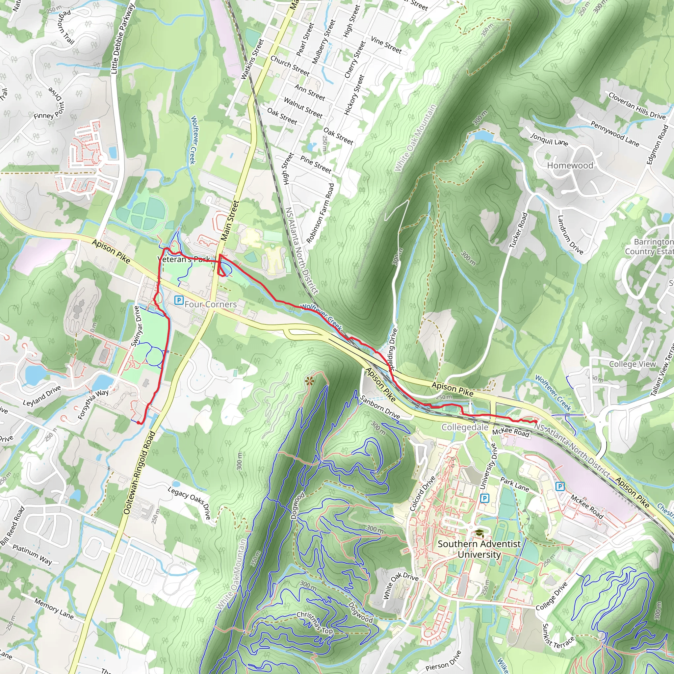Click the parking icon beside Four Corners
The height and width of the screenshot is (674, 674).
pyautogui.click(x=179, y=300)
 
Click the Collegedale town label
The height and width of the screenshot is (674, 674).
pyautogui.click(x=465, y=428)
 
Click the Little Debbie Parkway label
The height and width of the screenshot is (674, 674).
pyautogui.click(x=122, y=39)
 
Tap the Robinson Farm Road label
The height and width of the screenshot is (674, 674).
pyautogui.click(x=320, y=213)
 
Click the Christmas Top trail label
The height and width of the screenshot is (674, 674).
pyautogui.click(x=314, y=623)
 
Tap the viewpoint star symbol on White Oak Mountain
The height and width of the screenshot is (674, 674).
pyautogui.click(x=308, y=381)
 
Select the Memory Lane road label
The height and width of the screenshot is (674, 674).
pyautogui.click(x=54, y=609)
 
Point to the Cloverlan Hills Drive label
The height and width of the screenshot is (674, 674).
pyautogui.click(x=637, y=106)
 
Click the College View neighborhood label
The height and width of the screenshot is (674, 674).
pyautogui.click(x=632, y=364)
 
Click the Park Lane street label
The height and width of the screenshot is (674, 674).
pyautogui.click(x=514, y=484)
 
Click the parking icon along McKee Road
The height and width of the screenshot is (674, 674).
pyautogui.click(x=559, y=486)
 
